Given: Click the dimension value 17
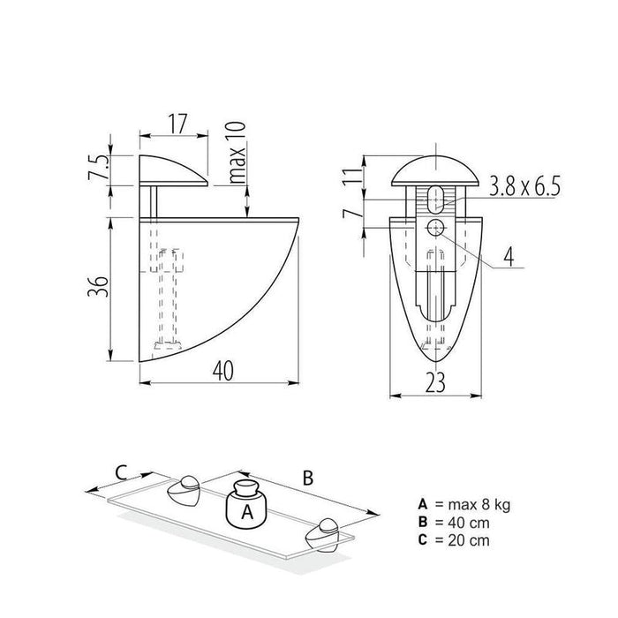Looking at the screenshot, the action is click(x=177, y=124).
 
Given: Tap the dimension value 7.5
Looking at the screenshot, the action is click(x=97, y=168).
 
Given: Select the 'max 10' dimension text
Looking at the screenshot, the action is click(x=237, y=153).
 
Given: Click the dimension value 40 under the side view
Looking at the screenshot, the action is click(x=223, y=371).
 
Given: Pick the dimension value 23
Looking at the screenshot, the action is click(x=435, y=382).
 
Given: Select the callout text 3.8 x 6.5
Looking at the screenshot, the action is click(x=524, y=186).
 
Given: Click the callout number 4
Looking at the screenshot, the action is click(x=509, y=257).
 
